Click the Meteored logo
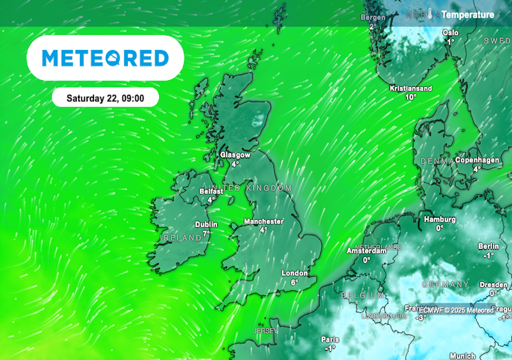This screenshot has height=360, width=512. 105,58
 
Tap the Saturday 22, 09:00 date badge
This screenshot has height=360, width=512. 105,98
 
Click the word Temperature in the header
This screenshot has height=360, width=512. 468,14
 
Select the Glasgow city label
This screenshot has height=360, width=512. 235,155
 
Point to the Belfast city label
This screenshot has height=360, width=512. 210,191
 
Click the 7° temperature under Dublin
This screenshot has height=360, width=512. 206,233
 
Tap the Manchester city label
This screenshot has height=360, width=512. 263,221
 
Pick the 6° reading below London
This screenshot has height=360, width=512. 294,282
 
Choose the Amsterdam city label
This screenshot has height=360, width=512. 366,251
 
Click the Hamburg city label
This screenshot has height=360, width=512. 439,219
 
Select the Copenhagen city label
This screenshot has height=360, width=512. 477,160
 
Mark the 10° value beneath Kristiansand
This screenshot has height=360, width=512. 410,97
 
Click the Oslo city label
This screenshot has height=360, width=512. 450,33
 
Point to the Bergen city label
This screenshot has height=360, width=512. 373,17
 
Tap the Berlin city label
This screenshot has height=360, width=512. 488,246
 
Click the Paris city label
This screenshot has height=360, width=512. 329,339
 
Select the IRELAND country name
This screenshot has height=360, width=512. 179,238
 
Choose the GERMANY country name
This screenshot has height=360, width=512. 445,284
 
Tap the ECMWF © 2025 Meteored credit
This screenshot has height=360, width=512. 456,310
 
